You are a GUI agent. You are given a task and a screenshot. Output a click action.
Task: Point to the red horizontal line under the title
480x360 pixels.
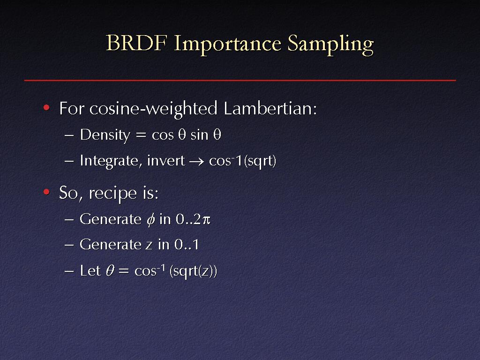pyautogui.click(x=240, y=81)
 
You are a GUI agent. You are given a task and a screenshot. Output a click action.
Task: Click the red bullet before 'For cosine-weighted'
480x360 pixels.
pyautogui.click(x=46, y=107)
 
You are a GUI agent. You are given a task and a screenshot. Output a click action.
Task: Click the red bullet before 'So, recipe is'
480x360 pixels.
pyautogui.click(x=46, y=192)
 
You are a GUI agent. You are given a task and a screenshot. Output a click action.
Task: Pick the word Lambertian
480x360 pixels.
pyautogui.click(x=270, y=108)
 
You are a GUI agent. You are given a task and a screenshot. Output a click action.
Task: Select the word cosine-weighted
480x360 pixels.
pyautogui.click(x=153, y=109)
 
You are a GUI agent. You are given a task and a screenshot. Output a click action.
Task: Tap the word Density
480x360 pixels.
pyautogui.click(x=105, y=135)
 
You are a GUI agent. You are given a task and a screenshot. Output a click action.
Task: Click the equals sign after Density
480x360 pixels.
pyautogui.click(x=141, y=135)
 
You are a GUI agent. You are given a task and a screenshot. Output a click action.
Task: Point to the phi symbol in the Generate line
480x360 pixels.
pyautogui.click(x=150, y=220)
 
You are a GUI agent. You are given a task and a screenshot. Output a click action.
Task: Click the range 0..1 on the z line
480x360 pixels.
pyautogui.click(x=187, y=245)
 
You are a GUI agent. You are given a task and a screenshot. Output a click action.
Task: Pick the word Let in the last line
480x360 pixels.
pyautogui.click(x=90, y=271)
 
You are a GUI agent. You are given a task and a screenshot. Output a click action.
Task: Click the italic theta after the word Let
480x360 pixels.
pyautogui.click(x=110, y=271)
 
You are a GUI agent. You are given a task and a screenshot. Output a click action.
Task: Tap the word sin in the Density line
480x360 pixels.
pyautogui.click(x=199, y=135)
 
